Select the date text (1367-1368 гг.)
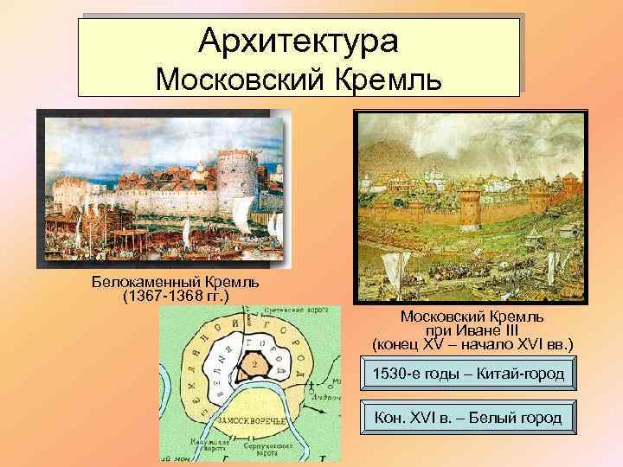pyautogui.click(x=177, y=297)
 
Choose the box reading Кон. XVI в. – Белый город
pyautogui.click(x=466, y=418)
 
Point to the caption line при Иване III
pyautogui.click(x=472, y=329)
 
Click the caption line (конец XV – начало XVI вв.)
pyautogui.click(x=472, y=343)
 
